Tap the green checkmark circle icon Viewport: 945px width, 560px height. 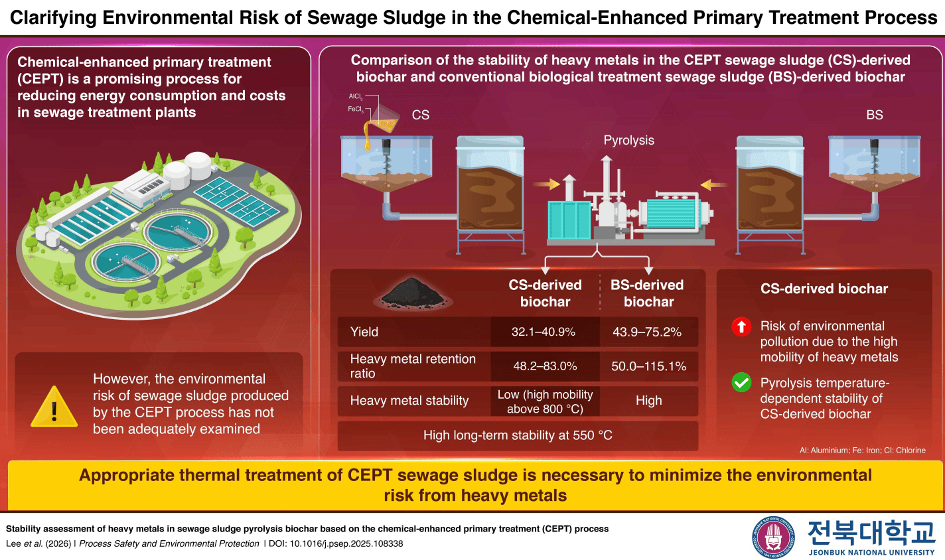741,383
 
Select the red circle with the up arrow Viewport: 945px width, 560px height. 741,326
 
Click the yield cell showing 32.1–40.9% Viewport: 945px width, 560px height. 544,332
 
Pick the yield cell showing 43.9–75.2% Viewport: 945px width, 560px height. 647,332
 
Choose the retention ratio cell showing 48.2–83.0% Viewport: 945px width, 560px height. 545,366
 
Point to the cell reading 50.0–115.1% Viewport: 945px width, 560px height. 648,366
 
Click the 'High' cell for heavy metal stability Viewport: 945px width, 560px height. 648,401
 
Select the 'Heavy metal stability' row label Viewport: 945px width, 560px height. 409,401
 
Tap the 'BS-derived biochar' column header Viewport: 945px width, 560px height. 648,293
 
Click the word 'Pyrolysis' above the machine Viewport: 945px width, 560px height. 628,140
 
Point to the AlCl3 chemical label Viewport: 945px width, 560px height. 356,97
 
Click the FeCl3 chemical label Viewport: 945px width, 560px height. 356,109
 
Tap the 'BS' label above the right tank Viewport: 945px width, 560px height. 874,115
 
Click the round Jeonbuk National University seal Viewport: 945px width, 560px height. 772,537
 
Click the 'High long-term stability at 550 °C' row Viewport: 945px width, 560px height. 518,435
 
